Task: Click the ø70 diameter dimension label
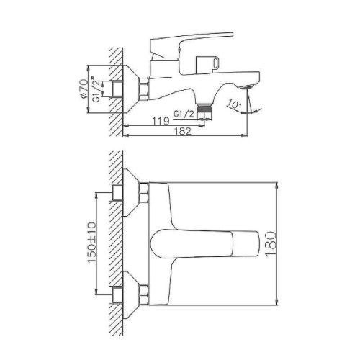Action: point(84,87)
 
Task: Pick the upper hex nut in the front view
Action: point(143,192)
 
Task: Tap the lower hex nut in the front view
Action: point(143,294)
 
